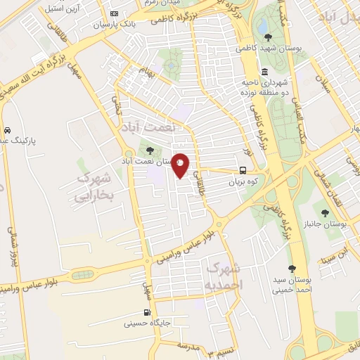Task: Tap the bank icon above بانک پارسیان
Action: (115, 13)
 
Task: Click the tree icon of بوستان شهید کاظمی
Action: (267, 37)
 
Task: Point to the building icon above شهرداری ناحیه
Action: (264, 72)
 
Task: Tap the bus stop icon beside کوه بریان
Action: (243, 170)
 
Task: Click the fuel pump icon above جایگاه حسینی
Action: (147, 313)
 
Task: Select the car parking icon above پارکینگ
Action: (6, 130)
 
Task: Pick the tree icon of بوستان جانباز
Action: (324, 213)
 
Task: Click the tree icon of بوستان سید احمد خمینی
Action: (292, 269)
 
